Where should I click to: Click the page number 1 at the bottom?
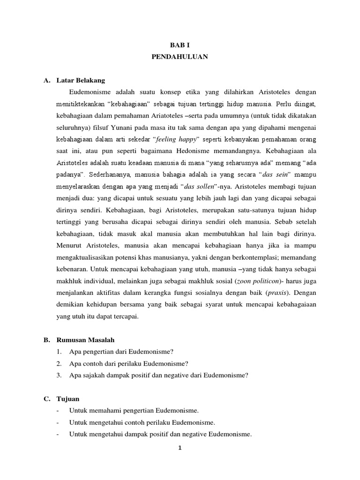click(180, 448)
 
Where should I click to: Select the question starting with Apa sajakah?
click(158, 375)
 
